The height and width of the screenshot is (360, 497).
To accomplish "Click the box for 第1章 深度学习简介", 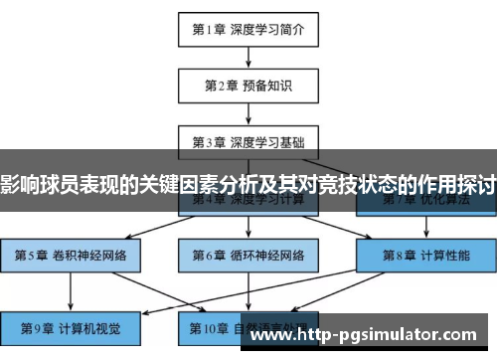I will coord(248,29).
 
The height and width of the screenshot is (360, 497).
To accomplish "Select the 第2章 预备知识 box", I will coord(248,85).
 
